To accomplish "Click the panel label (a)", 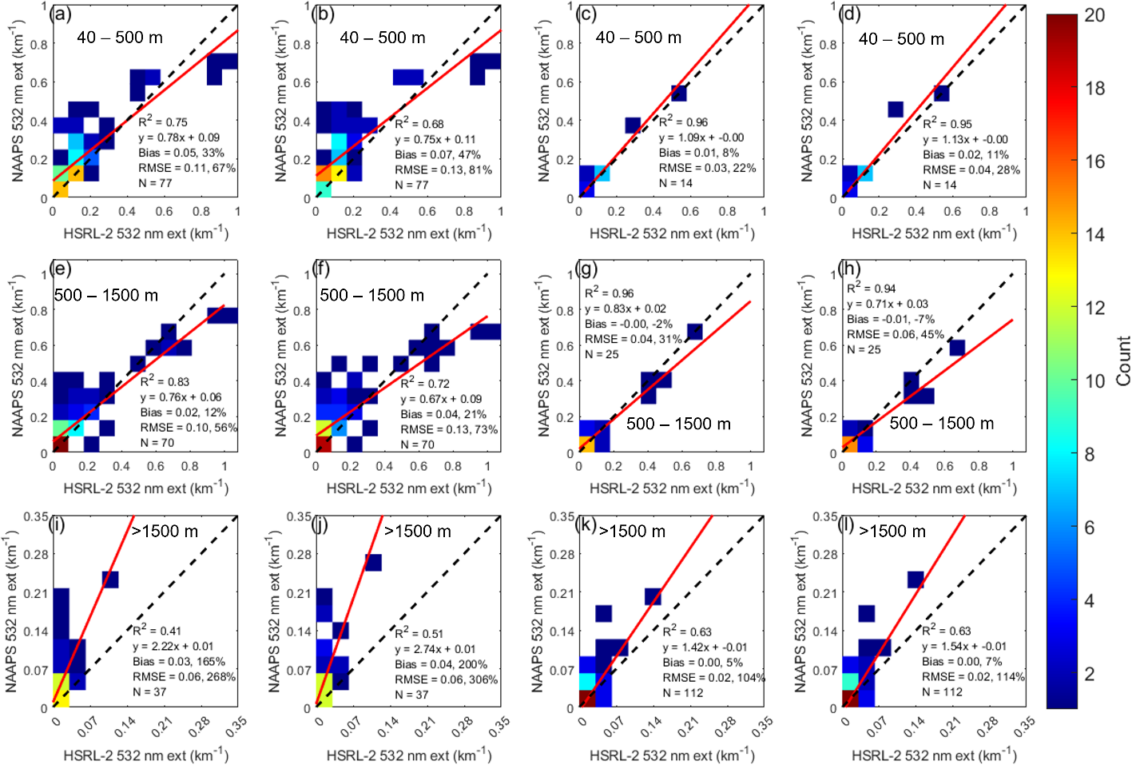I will (x=59, y=14).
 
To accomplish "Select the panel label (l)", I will (x=848, y=525).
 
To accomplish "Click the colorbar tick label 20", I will (x=1094, y=15).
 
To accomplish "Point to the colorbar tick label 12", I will (x=1094, y=308).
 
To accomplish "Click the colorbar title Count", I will (x=1122, y=361).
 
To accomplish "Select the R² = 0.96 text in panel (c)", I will (x=683, y=122).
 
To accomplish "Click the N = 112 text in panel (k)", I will (x=683, y=693).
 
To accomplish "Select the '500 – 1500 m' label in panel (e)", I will (x=106, y=296).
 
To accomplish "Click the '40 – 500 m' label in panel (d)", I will (x=901, y=39).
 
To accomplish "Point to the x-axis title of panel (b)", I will (x=409, y=233).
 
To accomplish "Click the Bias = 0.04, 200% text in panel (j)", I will (x=441, y=664).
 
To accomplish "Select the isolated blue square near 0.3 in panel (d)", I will (x=896, y=110).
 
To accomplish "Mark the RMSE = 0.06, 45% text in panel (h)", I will (x=896, y=334).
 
